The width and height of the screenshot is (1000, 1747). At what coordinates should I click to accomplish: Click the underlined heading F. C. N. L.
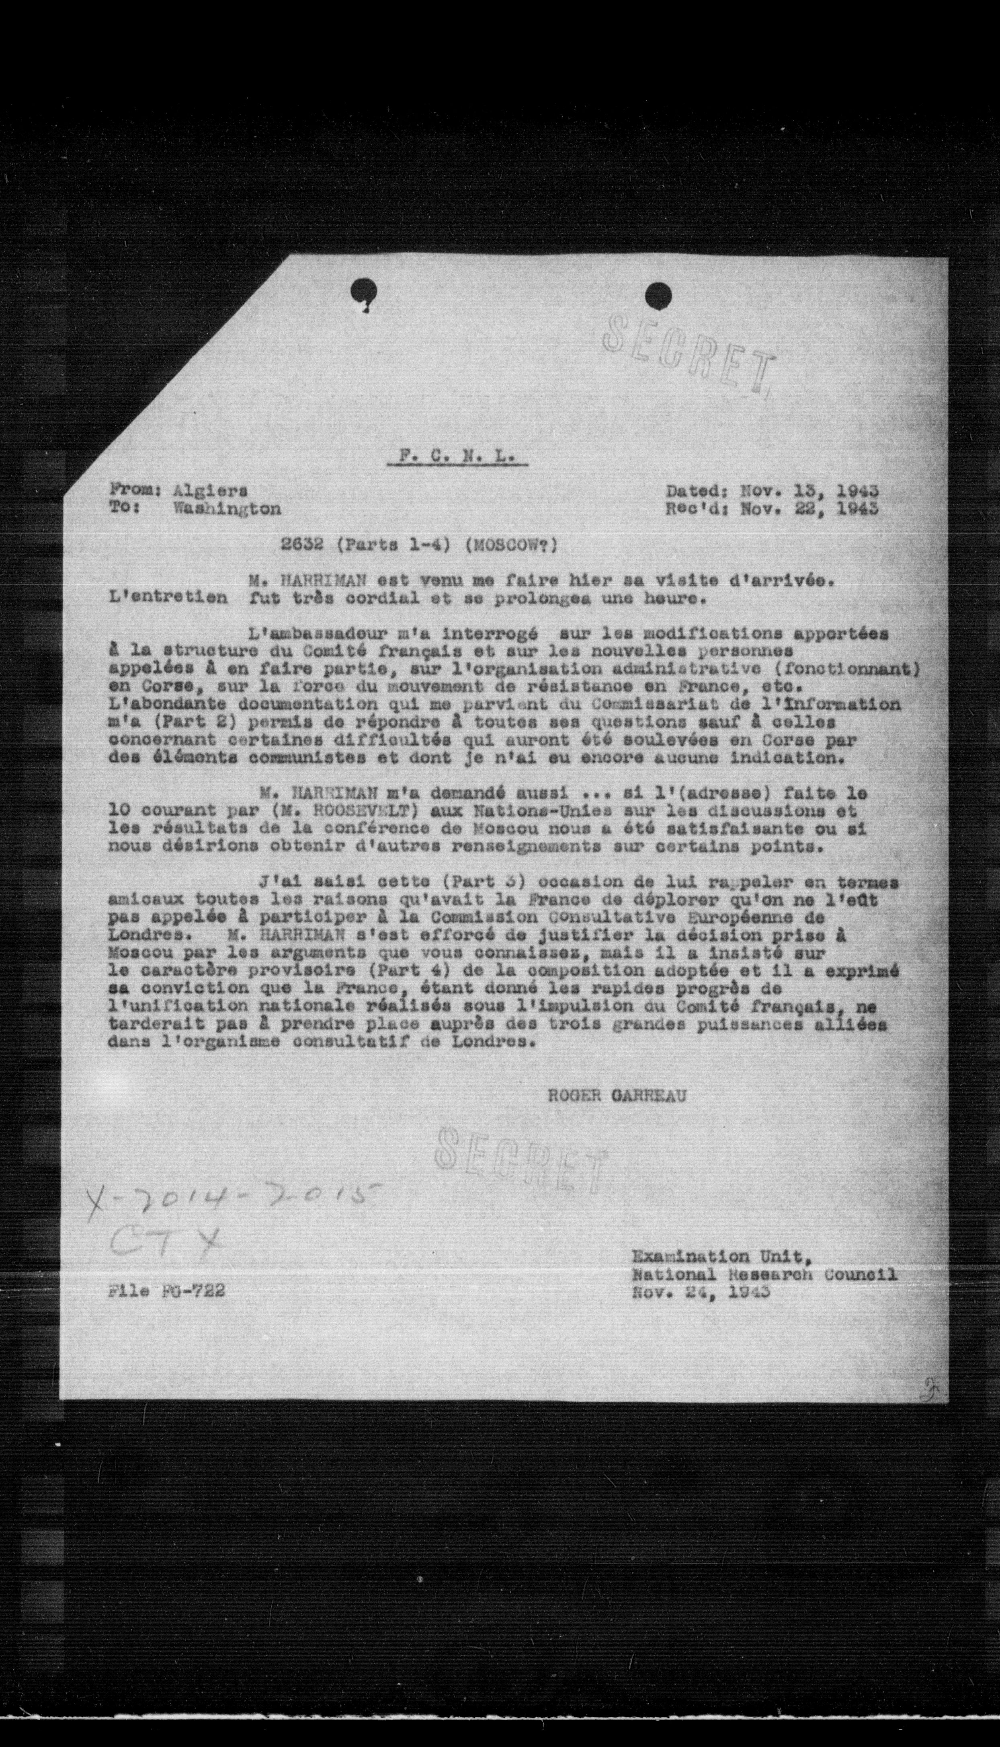pos(457,456)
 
